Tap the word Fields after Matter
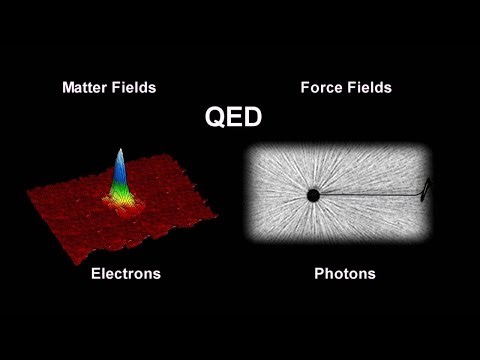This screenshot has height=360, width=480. click(x=136, y=87)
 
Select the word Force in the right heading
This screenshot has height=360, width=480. click(x=321, y=87)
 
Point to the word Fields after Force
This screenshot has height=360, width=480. click(x=367, y=87)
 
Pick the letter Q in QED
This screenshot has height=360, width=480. click(x=214, y=118)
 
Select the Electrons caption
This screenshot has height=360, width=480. click(x=125, y=272)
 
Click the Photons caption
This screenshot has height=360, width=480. click(x=345, y=272)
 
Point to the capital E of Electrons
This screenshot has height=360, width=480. click(x=95, y=272)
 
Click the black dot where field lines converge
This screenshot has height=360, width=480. click(x=313, y=195)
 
